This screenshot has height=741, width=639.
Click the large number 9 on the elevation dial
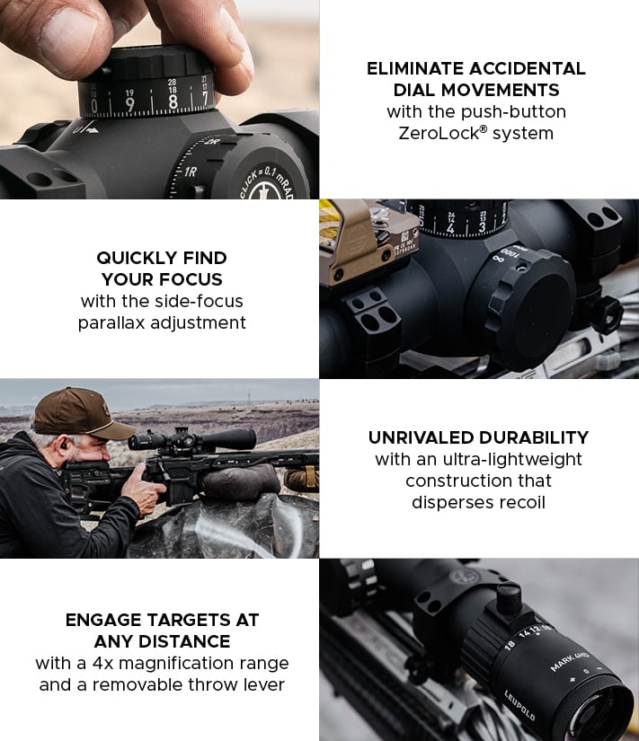(129, 104)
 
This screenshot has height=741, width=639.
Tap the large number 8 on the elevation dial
(173, 101)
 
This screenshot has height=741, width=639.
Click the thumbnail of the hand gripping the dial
(159, 99)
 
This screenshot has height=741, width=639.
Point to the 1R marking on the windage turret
(191, 172)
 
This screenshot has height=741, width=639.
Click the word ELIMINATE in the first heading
(415, 68)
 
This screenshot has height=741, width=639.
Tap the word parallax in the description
(111, 322)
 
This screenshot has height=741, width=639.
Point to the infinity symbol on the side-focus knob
(497, 259)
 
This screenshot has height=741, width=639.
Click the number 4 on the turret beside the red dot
(449, 228)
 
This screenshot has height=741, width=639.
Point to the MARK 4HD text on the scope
(570, 661)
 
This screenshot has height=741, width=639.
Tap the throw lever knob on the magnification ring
(509, 598)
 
